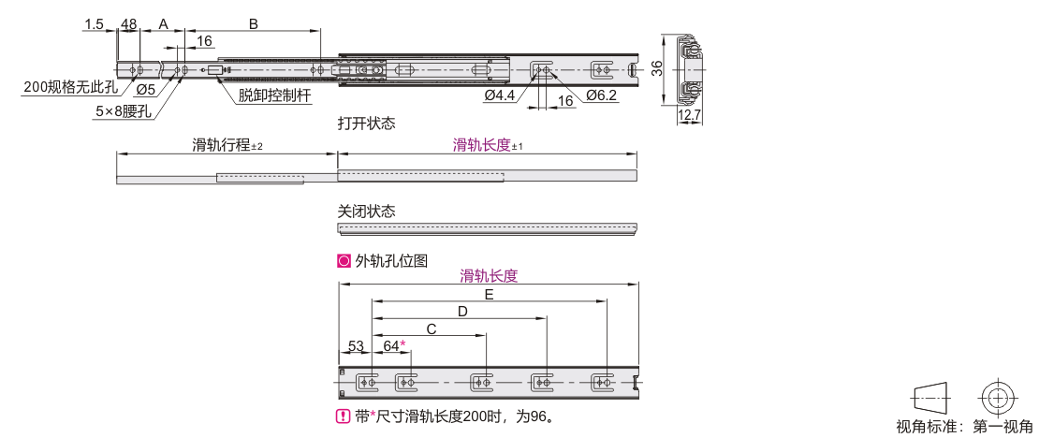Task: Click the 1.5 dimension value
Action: click(x=95, y=24)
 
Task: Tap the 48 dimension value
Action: click(x=128, y=24)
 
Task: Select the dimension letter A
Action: click(x=162, y=23)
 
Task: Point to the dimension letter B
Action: click(x=253, y=23)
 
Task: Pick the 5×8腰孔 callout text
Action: click(x=124, y=111)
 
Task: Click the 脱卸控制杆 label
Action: click(x=275, y=95)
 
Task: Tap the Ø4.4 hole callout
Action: click(x=500, y=95)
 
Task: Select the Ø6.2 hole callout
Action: click(x=601, y=95)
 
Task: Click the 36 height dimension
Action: click(x=656, y=69)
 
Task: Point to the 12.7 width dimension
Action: click(x=689, y=117)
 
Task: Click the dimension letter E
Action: click(x=489, y=295)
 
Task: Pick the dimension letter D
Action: click(x=463, y=312)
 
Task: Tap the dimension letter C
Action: click(x=432, y=328)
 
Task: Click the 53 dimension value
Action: click(x=356, y=346)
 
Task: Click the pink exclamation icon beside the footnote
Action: click(x=344, y=416)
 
